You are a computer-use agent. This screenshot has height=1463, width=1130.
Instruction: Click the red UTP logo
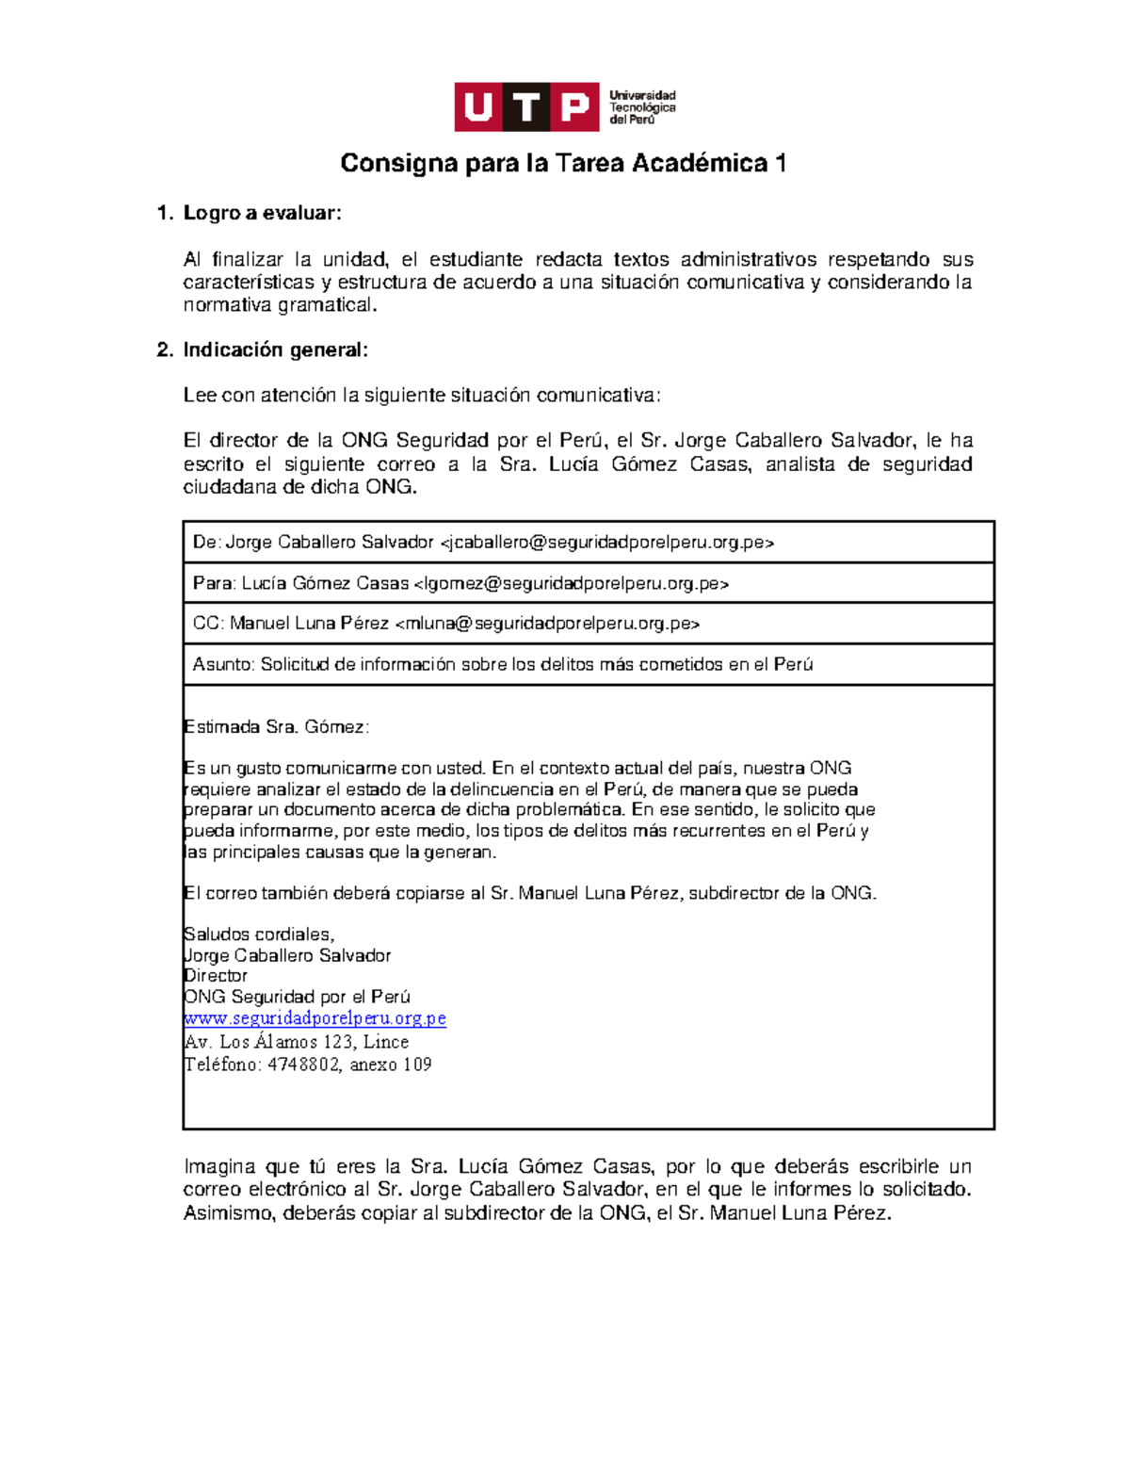[526, 106]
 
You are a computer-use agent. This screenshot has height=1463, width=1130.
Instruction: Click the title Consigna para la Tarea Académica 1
[563, 164]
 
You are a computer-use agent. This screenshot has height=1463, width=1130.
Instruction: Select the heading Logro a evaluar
[261, 213]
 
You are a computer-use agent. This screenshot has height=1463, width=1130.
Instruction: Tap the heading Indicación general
[275, 350]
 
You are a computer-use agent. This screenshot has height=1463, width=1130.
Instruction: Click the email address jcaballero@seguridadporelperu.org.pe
[607, 543]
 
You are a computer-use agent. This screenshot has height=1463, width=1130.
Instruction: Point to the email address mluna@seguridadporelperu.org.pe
[547, 624]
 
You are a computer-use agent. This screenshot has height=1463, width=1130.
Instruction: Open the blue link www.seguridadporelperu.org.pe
[315, 1018]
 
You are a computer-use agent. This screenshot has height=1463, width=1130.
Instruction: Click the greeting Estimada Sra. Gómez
[276, 727]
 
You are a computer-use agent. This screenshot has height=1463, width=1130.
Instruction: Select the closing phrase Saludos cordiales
[259, 935]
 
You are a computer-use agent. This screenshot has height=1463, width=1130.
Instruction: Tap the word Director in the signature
[216, 976]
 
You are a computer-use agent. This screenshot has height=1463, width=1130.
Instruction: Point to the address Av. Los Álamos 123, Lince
[296, 1042]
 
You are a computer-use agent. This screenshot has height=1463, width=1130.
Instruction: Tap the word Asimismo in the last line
[226, 1213]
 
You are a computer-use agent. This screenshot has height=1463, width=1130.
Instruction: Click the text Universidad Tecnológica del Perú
[642, 107]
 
